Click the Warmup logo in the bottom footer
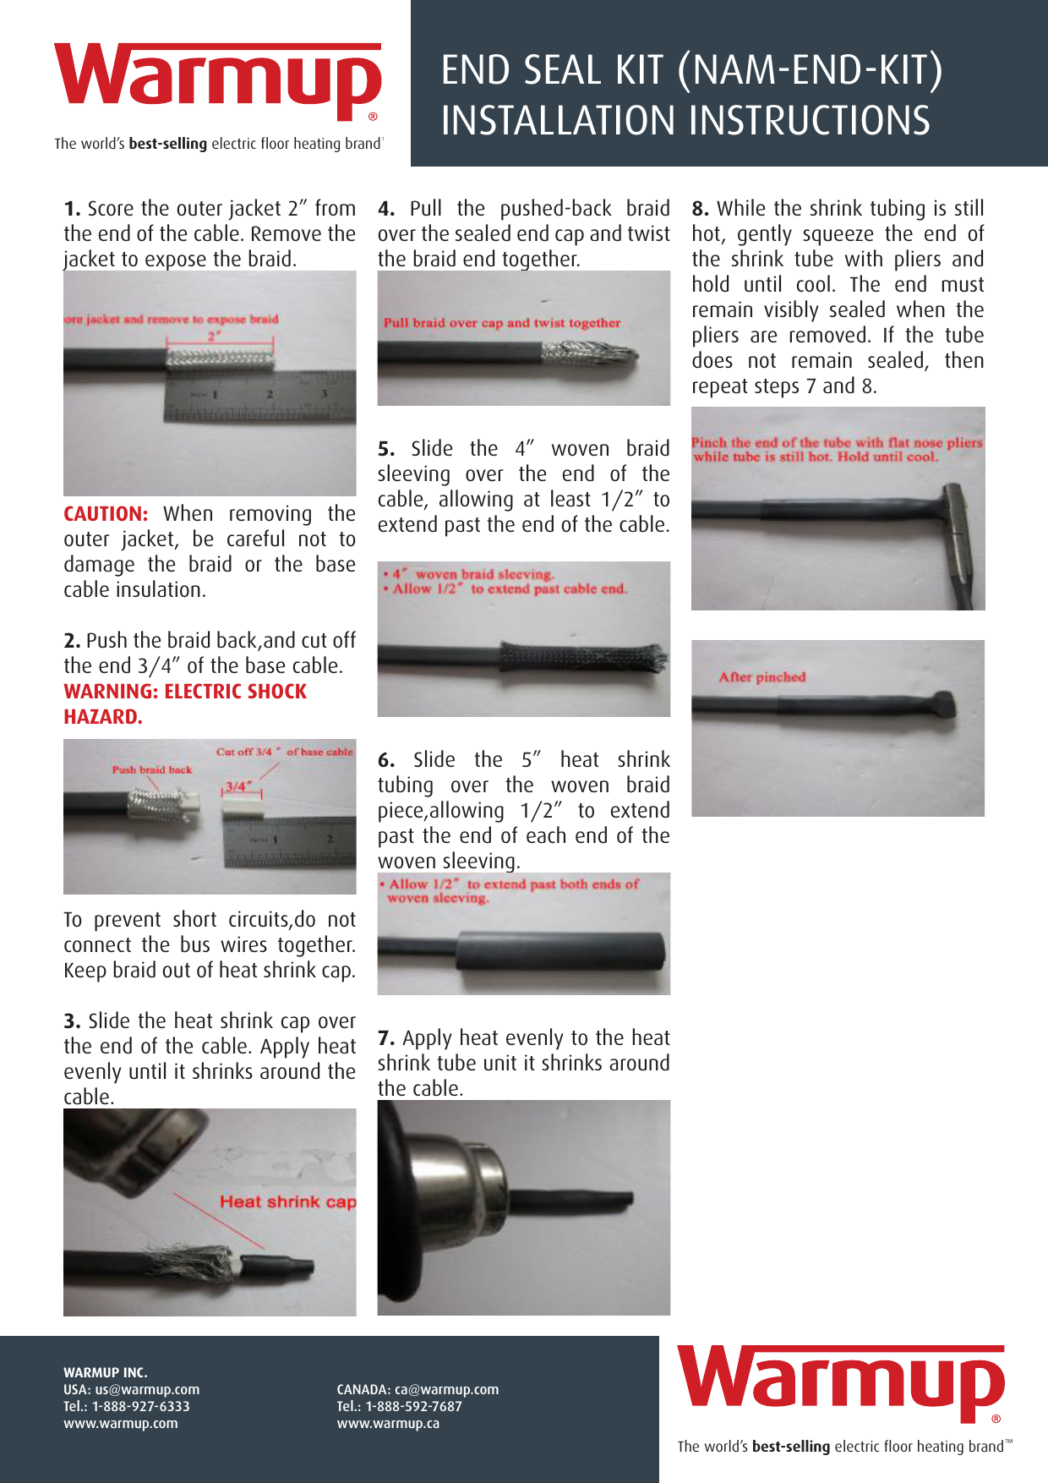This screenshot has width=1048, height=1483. [841, 1383]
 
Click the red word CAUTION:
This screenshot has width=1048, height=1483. [106, 514]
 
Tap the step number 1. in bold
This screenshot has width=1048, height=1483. [73, 209]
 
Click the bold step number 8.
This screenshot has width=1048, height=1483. [701, 209]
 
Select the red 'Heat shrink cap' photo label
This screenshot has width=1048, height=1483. [287, 1201]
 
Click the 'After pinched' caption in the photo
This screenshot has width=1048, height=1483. [762, 677]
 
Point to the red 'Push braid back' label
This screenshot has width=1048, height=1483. [152, 769]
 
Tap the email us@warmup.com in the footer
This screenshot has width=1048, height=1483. [147, 1389]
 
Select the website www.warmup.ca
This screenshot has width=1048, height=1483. [388, 1423]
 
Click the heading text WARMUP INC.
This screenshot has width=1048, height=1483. [106, 1372]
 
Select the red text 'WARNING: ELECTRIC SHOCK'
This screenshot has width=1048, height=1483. [185, 692]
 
